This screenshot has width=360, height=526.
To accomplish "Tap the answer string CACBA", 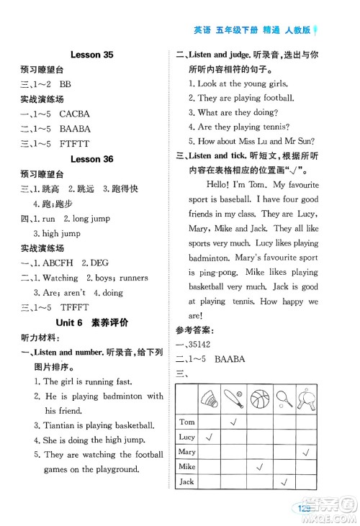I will tap(75, 114).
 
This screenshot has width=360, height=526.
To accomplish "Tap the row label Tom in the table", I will tap(186, 422).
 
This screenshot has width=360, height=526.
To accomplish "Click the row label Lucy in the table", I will tap(186, 437).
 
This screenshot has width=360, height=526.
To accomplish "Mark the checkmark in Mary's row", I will tap(307, 452).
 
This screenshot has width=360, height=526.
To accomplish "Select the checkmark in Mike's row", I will tap(258, 467).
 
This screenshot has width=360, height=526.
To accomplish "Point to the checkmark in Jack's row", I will tap(283, 482).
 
